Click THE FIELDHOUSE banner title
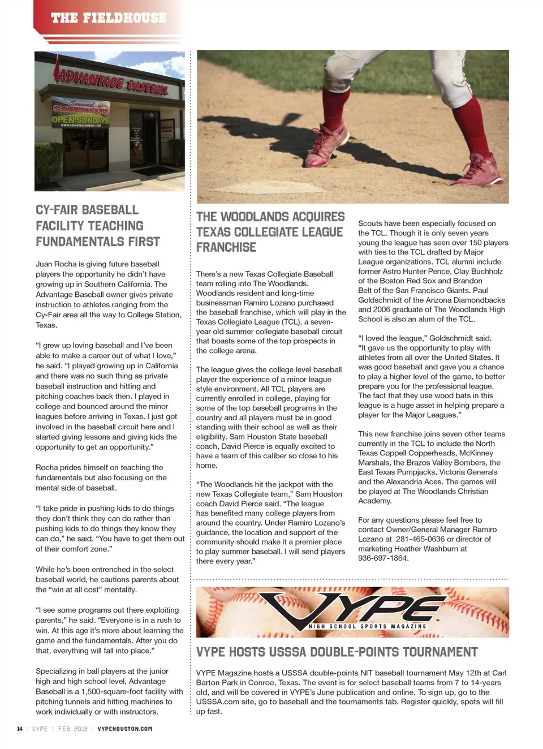click(109, 18)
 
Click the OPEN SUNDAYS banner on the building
click(81, 120)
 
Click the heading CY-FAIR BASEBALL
click(87, 210)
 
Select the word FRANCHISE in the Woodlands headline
click(226, 247)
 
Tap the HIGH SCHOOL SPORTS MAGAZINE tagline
click(367, 626)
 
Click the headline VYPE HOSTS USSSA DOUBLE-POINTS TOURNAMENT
click(337, 652)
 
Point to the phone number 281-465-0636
click(420, 539)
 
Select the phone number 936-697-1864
click(382, 558)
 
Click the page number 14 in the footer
click(20, 729)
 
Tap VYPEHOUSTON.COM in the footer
click(124, 729)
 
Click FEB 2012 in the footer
click(73, 729)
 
